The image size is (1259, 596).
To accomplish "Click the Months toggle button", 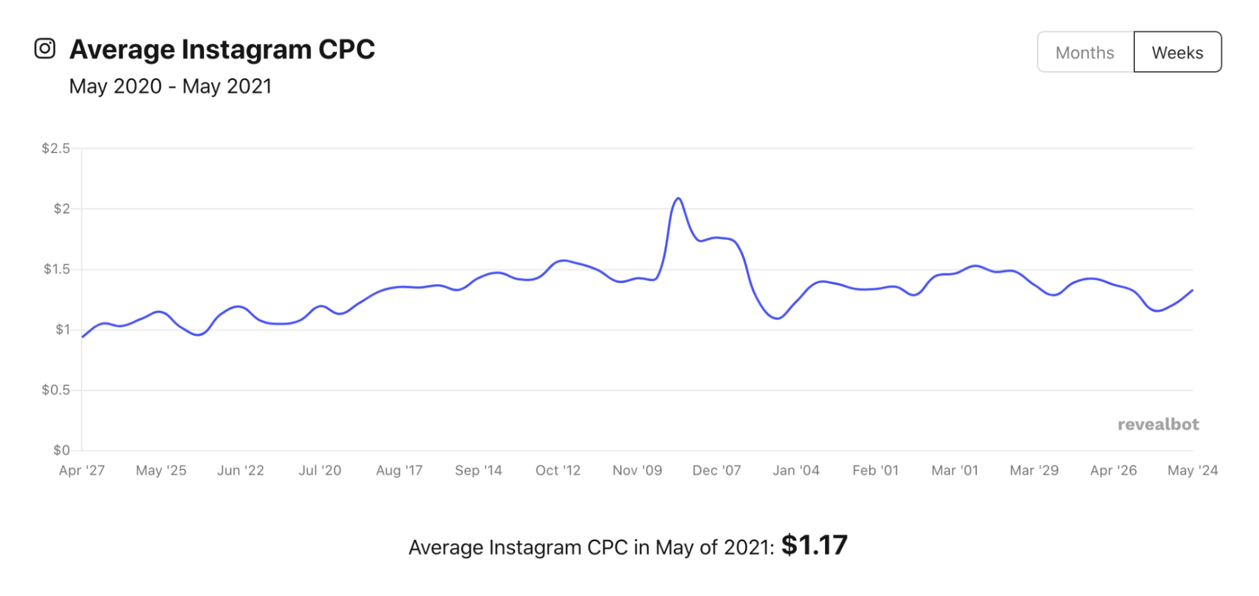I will tap(1085, 52).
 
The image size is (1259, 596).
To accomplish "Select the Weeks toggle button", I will tap(1176, 52).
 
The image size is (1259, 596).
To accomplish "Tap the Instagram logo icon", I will tap(45, 49).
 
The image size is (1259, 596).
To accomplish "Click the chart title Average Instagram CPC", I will tap(222, 49).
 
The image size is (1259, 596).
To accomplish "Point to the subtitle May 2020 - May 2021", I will tap(170, 86).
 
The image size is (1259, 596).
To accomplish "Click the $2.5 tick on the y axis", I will tap(55, 149).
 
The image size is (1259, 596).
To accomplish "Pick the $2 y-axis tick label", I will tap(62, 209).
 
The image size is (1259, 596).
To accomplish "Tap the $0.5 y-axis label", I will tap(55, 390).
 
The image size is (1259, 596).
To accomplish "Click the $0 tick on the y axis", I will tap(61, 450).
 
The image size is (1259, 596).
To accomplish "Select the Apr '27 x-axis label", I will tap(82, 471).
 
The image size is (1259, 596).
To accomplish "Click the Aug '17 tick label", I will tap(399, 471).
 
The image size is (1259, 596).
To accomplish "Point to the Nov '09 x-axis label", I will tap(637, 471).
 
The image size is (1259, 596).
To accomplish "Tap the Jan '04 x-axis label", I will tap(796, 471).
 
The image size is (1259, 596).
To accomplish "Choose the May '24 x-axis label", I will tap(1192, 471).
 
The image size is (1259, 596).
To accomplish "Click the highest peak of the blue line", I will tap(678, 198).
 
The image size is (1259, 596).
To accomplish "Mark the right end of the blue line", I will tap(1192, 290).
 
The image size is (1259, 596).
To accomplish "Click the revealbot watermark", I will tap(1158, 425).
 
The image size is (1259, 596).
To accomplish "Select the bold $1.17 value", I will tap(814, 546).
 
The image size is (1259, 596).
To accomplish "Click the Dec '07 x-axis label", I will tap(717, 471).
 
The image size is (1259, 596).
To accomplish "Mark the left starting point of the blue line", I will tap(83, 337).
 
